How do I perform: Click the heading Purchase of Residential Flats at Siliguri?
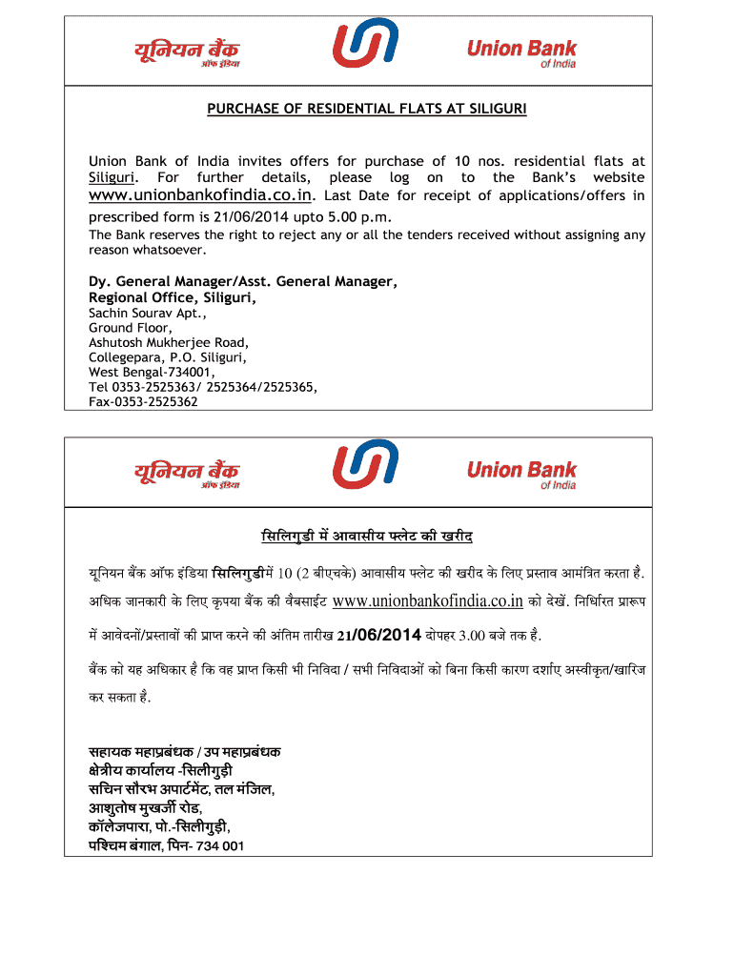[367, 109]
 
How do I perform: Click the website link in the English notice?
[200, 195]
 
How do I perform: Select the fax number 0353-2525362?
[143, 402]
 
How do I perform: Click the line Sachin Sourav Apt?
[148, 313]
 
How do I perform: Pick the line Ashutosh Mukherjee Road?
[169, 342]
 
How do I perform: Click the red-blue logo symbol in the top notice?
[365, 45]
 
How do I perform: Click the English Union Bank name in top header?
[521, 50]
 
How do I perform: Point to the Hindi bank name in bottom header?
[187, 473]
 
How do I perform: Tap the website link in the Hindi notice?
[428, 600]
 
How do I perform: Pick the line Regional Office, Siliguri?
[173, 297]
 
